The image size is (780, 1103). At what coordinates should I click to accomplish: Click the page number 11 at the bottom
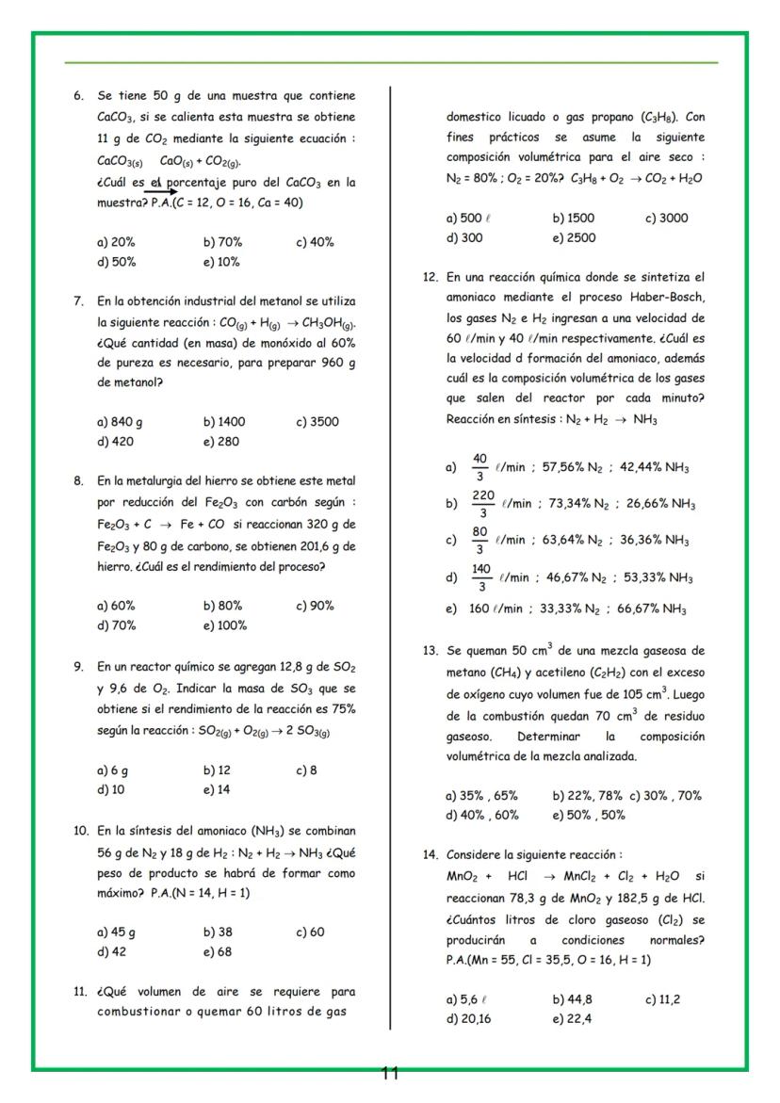tap(390, 1073)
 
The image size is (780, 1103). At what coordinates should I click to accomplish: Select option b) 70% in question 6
tap(222, 242)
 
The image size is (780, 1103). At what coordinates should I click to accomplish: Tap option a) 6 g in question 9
tap(112, 770)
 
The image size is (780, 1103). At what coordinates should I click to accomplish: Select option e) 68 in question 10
tap(217, 951)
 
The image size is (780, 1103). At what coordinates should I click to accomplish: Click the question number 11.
tap(80, 992)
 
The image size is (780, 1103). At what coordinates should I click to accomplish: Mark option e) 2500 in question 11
tap(574, 238)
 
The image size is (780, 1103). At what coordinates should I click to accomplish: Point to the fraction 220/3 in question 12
tap(482, 504)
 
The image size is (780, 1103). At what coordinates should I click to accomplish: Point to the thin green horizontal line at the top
tap(390, 63)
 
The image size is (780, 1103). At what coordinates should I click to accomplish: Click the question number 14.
tap(431, 855)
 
